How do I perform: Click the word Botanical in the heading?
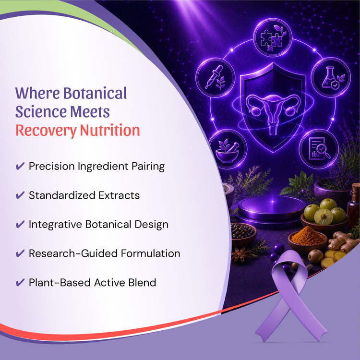click(95, 93)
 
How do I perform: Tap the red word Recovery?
click(46, 131)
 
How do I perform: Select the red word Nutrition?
click(110, 130)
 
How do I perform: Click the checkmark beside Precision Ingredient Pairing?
click(20, 166)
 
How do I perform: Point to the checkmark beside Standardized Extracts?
click(20, 195)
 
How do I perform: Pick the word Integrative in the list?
click(55, 225)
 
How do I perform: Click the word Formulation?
click(151, 253)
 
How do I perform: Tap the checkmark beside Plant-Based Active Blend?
click(20, 282)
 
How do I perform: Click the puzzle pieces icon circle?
click(273, 37)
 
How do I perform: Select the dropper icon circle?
click(216, 77)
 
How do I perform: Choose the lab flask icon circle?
click(331, 77)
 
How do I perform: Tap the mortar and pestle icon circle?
click(228, 149)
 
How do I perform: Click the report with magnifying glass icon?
click(319, 148)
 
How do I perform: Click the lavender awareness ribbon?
click(291, 296)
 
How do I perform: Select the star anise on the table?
click(240, 255)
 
